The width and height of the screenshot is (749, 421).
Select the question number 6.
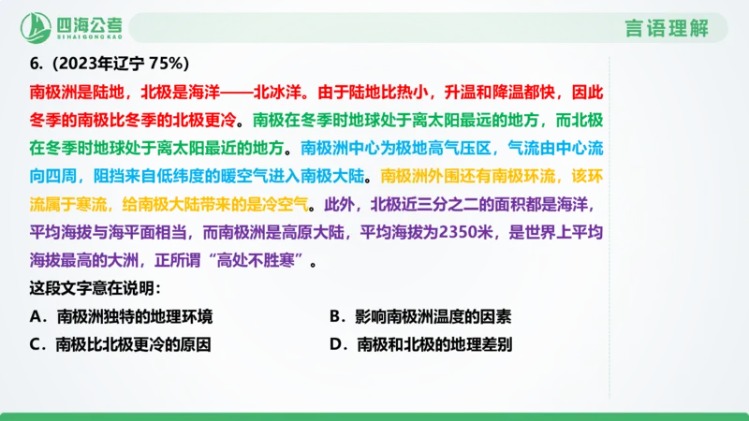tap(35, 64)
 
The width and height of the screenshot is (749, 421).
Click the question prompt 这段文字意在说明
tap(95, 287)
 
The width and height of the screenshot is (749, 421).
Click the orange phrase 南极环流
tap(528, 176)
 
